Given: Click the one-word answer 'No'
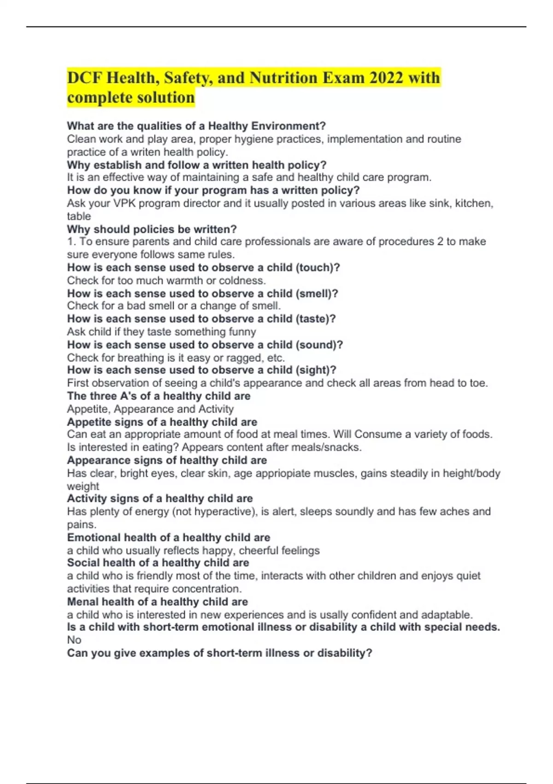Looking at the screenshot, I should pos(74,640).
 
